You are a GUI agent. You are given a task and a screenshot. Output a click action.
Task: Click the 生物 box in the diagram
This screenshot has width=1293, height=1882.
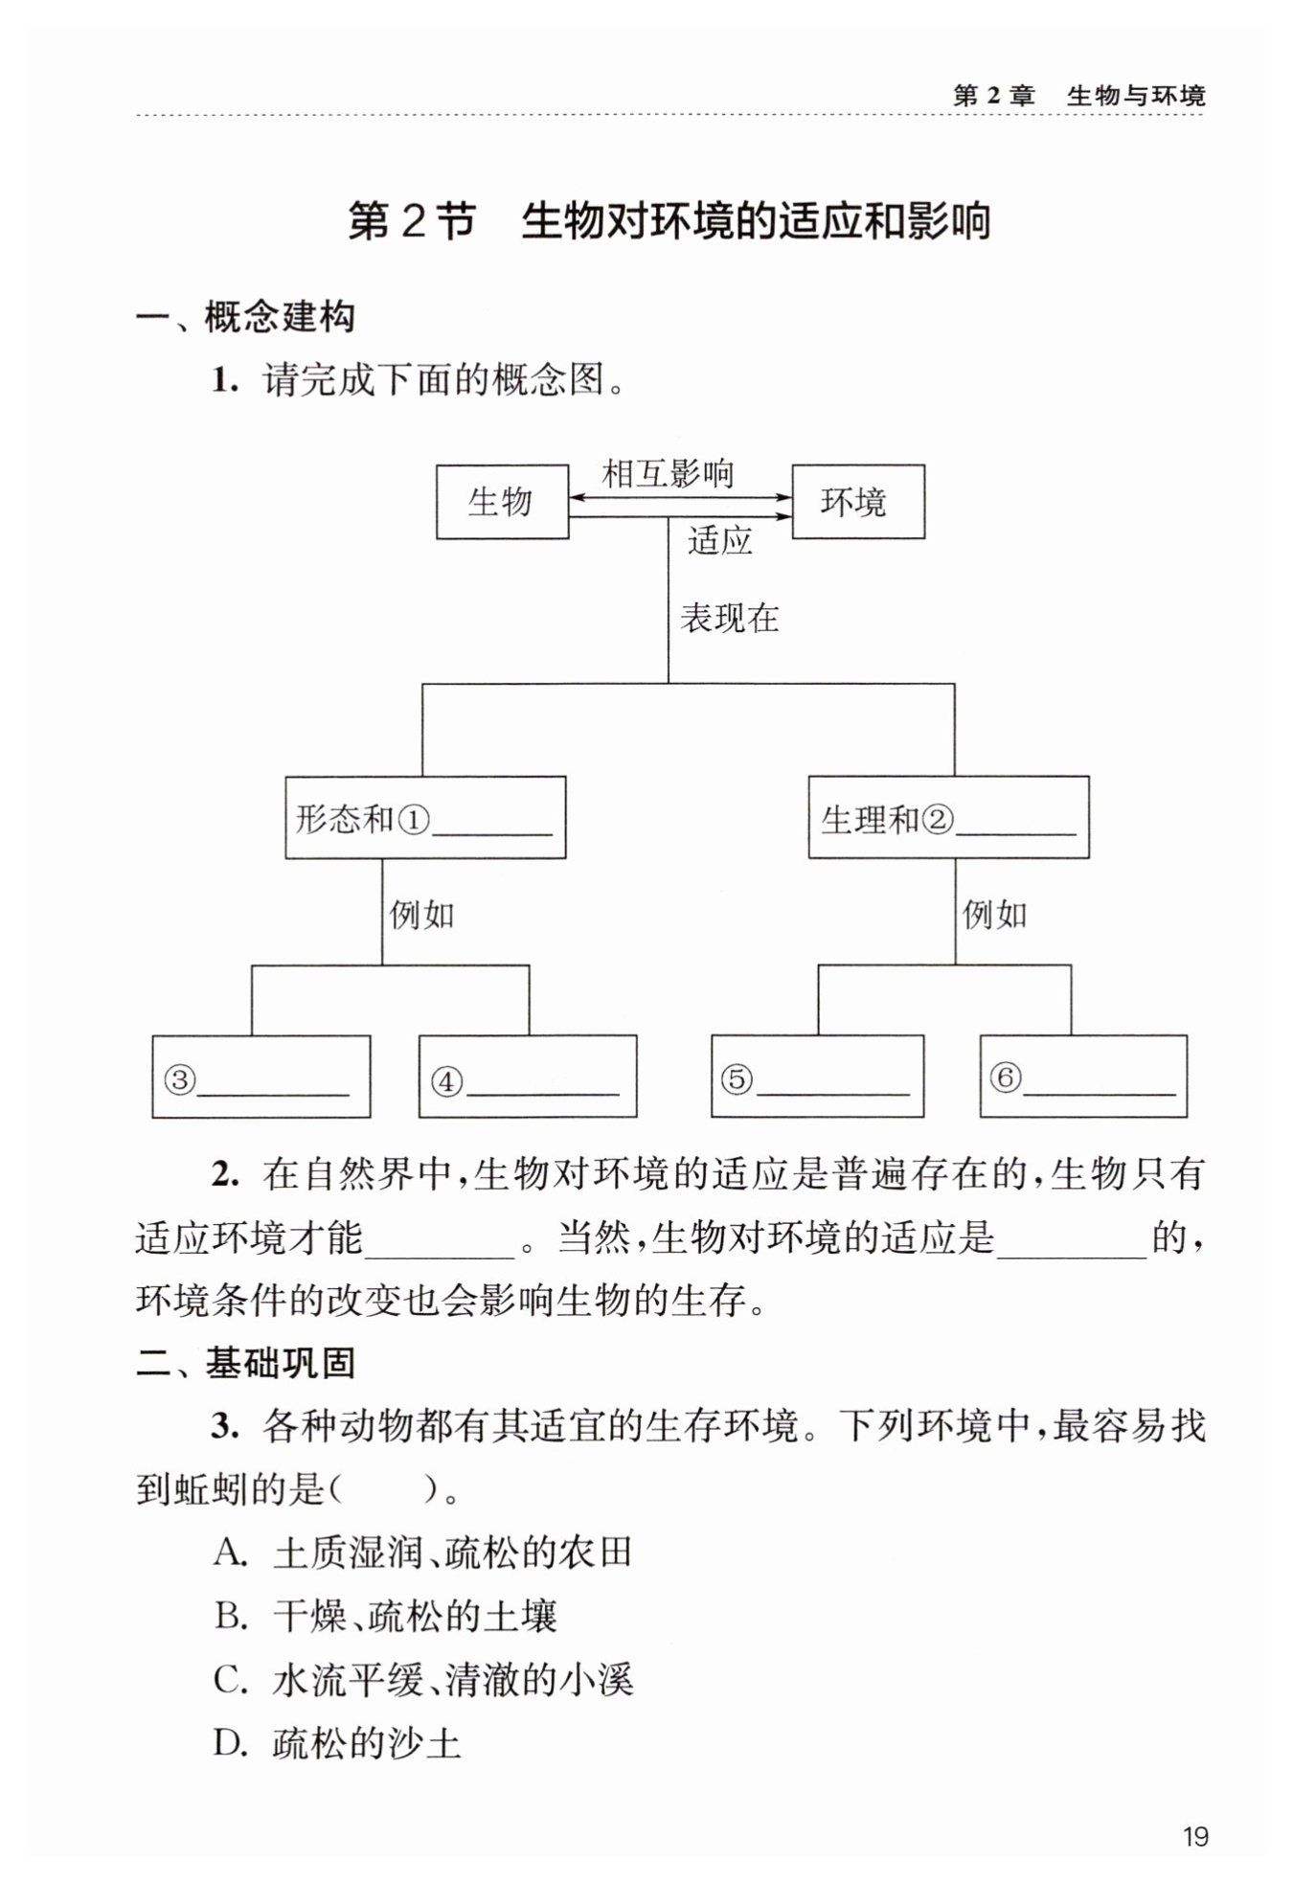[x=502, y=502]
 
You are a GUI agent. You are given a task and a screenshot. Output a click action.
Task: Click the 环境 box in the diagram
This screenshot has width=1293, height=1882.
[x=857, y=502]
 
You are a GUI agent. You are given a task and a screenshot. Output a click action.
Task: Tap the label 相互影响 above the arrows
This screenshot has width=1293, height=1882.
[x=668, y=473]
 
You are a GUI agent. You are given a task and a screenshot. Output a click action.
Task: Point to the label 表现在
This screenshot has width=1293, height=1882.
[x=729, y=619]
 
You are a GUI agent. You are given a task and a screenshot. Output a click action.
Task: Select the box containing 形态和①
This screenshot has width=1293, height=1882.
[x=425, y=818]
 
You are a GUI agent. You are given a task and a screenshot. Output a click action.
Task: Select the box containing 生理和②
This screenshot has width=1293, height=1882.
[x=948, y=818]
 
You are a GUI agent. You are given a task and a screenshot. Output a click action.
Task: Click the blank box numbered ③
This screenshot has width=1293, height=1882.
[x=261, y=1077]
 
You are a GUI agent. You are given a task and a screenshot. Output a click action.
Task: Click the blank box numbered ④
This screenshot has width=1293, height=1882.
[x=528, y=1077]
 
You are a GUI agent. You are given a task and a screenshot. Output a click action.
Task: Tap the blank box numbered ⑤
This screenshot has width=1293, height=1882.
[x=817, y=1077]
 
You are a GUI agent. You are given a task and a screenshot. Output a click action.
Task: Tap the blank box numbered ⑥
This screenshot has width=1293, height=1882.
[x=1083, y=1077]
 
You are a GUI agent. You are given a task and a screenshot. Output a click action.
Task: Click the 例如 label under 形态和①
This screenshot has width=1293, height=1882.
[x=421, y=916]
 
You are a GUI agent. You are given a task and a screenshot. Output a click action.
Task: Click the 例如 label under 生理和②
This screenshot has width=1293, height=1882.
[x=994, y=916]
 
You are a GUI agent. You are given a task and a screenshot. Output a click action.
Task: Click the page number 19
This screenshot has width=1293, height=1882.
[x=1194, y=1837]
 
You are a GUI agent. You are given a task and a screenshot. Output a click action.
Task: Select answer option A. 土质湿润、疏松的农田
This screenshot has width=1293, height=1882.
[x=422, y=1553]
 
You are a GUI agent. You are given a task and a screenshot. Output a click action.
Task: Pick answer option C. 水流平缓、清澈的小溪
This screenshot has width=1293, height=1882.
[x=422, y=1680]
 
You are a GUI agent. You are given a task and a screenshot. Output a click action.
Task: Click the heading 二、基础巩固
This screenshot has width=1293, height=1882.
[x=245, y=1363]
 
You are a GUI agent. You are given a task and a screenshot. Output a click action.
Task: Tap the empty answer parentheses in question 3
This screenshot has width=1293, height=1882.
[x=383, y=1490]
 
